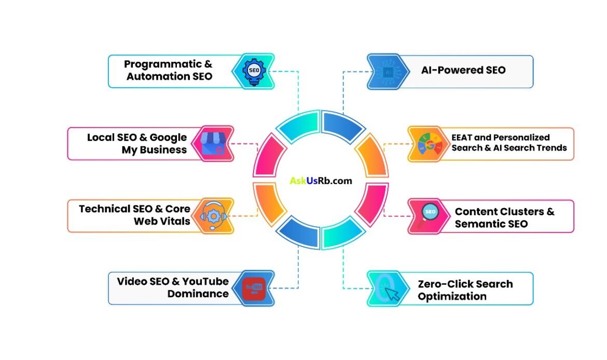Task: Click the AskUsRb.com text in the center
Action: click(321, 181)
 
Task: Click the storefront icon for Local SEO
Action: click(213, 143)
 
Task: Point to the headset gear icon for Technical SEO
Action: click(213, 215)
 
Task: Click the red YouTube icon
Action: click(254, 288)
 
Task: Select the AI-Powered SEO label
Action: click(463, 70)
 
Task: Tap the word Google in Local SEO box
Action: click(168, 137)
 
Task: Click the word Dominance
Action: click(198, 294)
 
